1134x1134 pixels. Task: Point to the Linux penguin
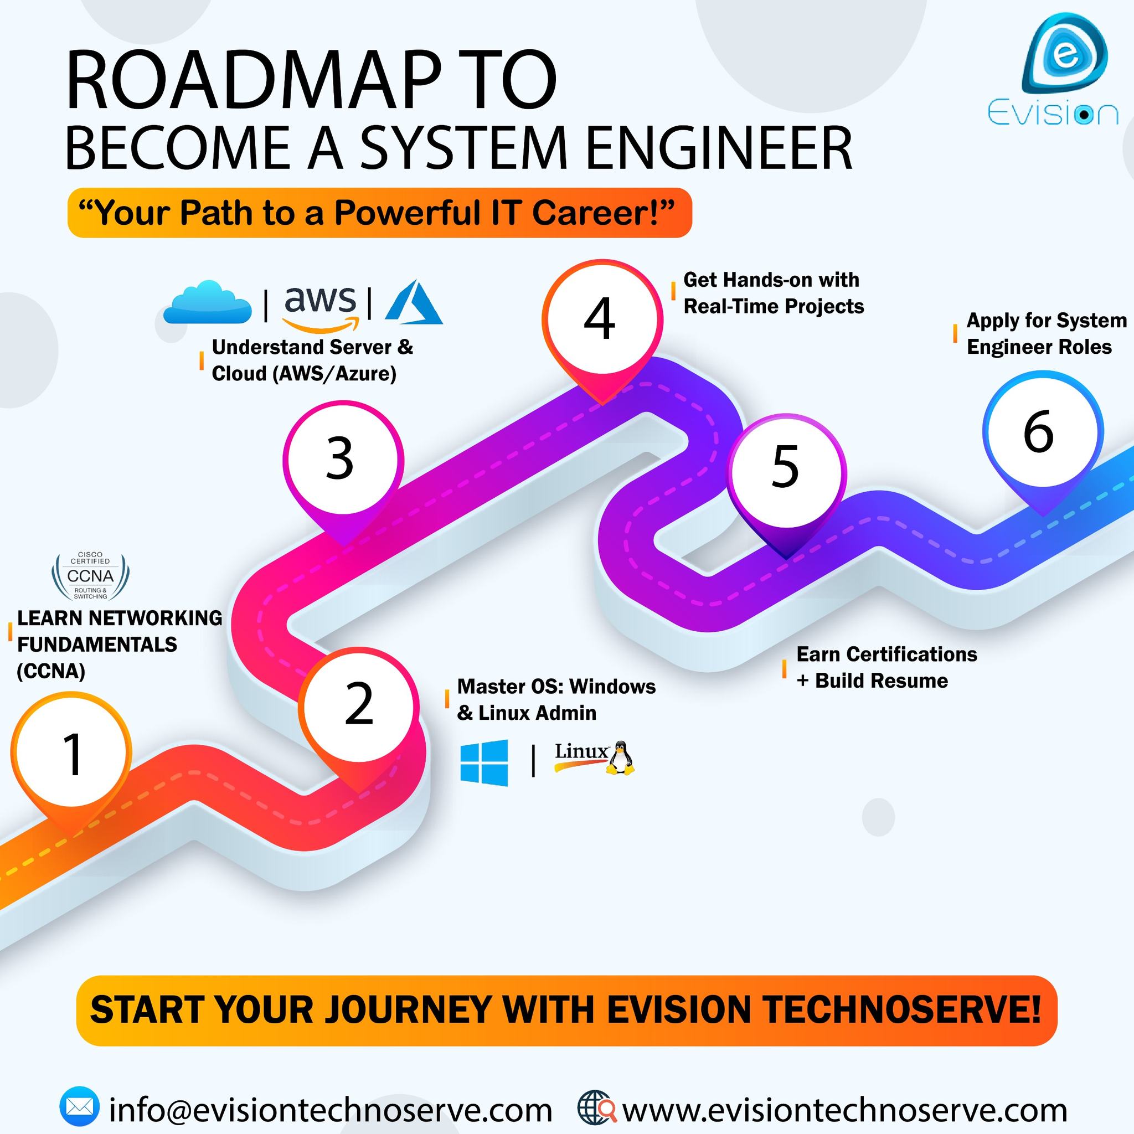click(620, 758)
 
